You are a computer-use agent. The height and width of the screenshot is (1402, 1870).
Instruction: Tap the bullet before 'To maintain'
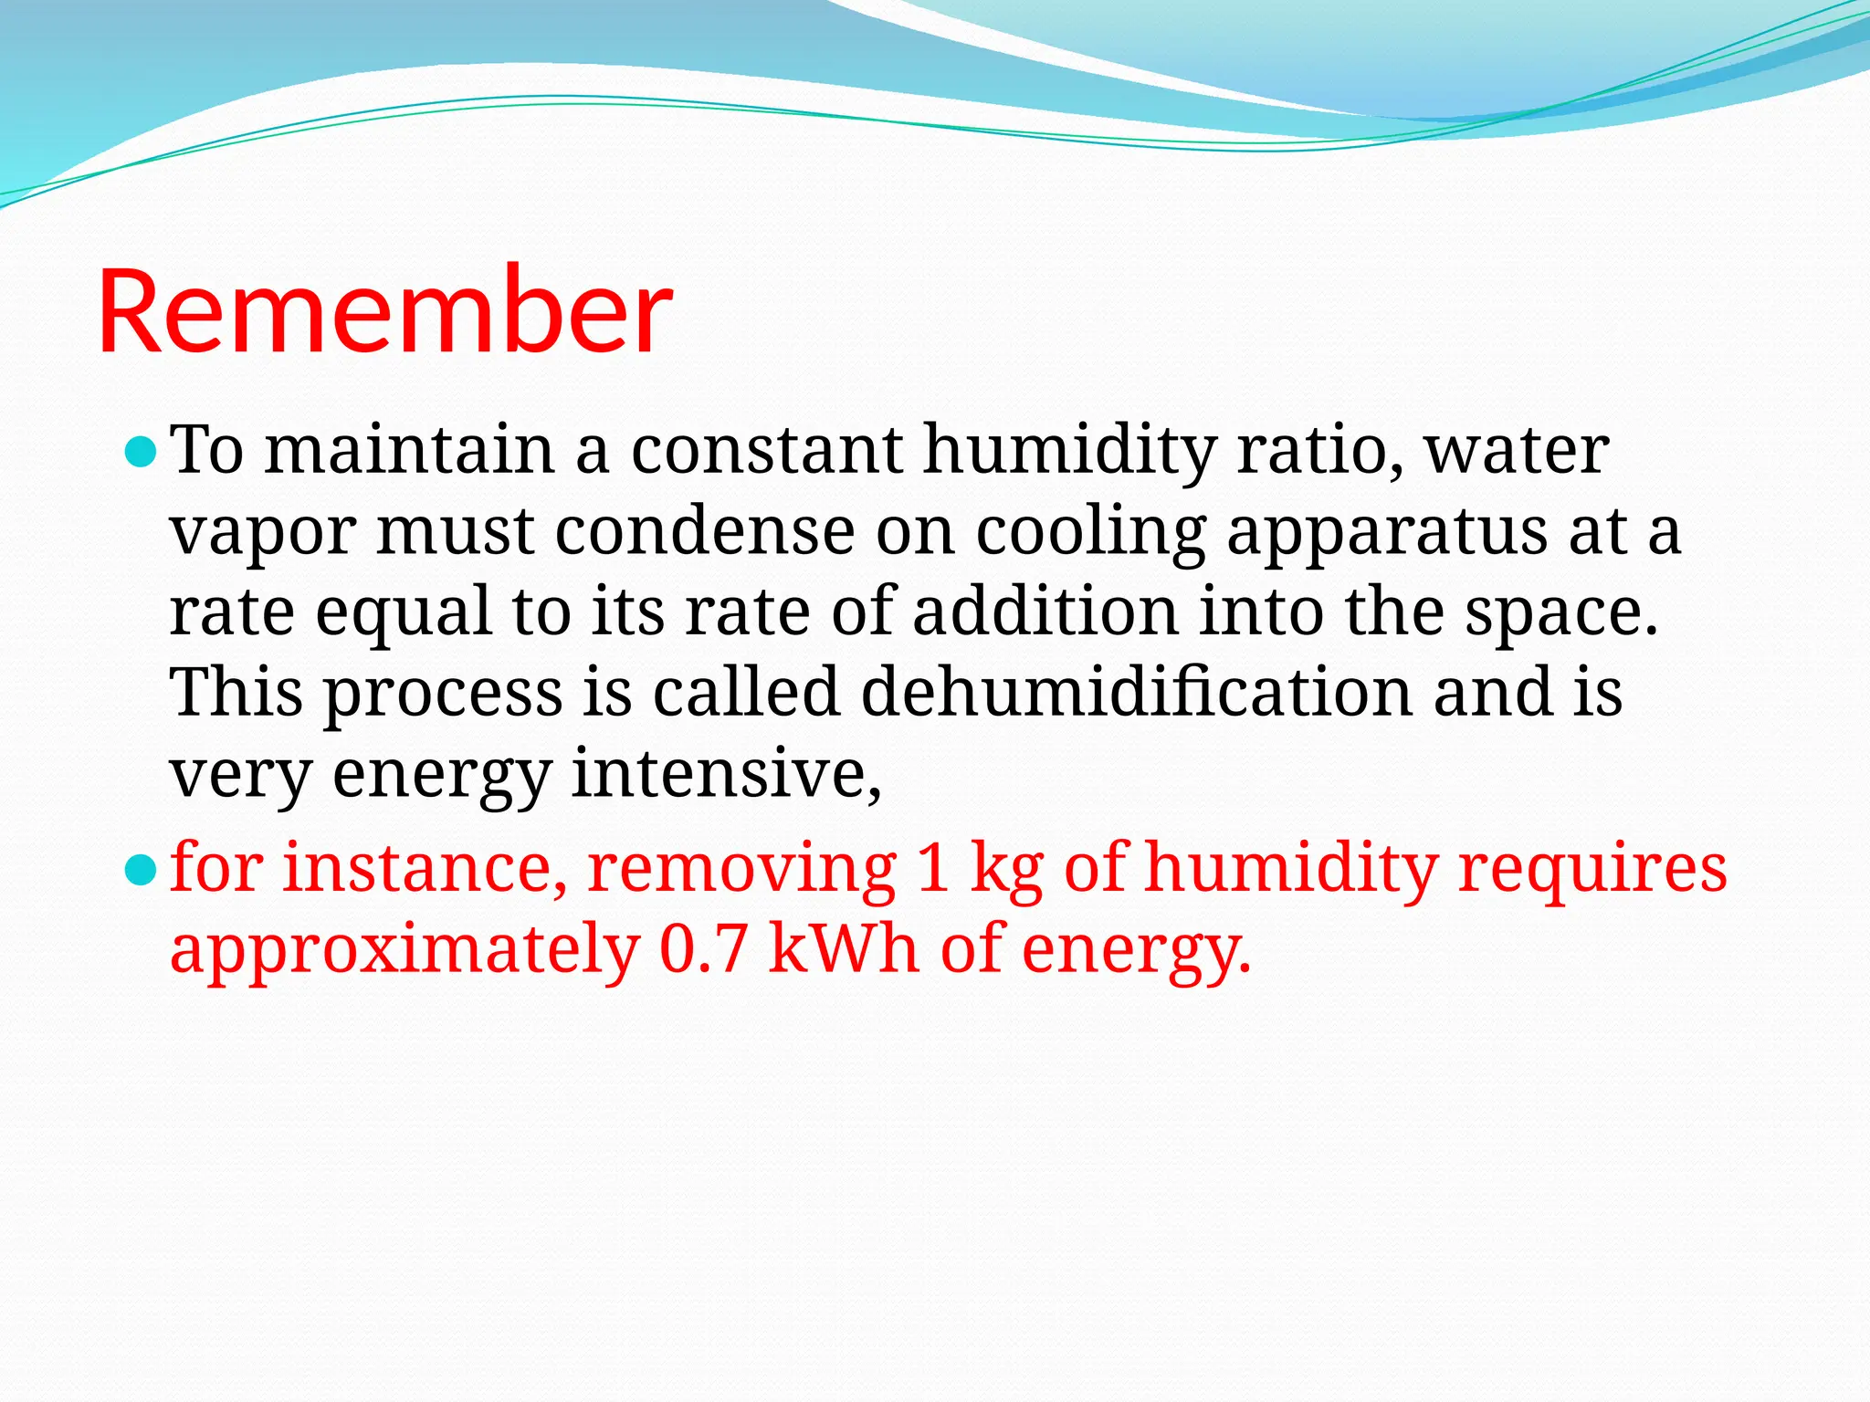pos(141,452)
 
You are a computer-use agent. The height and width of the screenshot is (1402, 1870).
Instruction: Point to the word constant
pos(767,450)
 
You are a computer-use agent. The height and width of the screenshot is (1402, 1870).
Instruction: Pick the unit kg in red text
pos(1006,868)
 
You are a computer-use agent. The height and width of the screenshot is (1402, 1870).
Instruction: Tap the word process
pos(444,694)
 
